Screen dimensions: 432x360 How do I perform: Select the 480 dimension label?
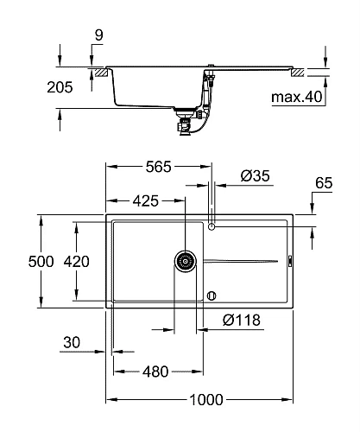155,372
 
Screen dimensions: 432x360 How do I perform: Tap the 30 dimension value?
73,344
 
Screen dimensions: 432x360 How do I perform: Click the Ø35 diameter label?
256,175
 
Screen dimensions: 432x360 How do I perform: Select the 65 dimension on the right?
324,184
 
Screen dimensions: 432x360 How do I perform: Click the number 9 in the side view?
100,35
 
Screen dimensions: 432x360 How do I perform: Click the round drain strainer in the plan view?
185,260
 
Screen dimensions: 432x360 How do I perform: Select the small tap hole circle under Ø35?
212,227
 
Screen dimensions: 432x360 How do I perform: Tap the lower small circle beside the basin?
211,295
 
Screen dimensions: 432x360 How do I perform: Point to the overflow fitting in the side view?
207,82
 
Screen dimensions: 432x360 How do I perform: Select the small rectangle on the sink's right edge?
289,260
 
